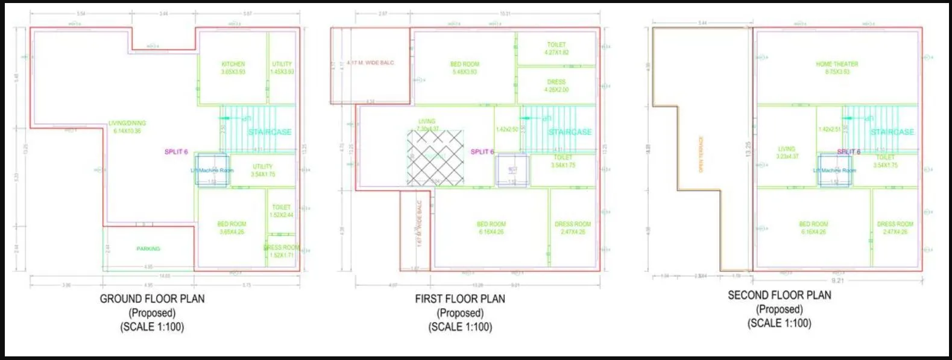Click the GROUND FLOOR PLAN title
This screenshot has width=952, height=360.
(x=152, y=298)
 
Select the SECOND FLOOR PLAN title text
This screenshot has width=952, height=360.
(x=779, y=295)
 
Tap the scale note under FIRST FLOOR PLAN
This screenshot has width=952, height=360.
(x=460, y=327)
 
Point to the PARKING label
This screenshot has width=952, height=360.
(x=148, y=248)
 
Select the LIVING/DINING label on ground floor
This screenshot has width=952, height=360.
(x=127, y=127)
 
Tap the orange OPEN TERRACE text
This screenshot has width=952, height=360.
(x=701, y=154)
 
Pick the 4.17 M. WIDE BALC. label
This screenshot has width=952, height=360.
(x=370, y=63)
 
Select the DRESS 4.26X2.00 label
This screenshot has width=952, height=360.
(x=556, y=86)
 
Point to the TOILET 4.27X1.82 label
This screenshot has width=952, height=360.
(x=556, y=48)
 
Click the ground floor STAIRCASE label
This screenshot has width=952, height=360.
(x=270, y=132)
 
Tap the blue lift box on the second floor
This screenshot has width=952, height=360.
(x=834, y=170)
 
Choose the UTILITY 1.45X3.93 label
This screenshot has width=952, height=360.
(x=282, y=68)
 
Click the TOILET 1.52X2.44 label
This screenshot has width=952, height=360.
(x=281, y=211)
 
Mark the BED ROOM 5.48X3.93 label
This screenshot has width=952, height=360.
(x=465, y=68)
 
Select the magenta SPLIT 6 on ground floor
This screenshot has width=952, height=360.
(x=176, y=152)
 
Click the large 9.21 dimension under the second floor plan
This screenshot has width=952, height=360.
(x=837, y=280)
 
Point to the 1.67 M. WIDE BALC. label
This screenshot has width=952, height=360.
(x=420, y=223)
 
